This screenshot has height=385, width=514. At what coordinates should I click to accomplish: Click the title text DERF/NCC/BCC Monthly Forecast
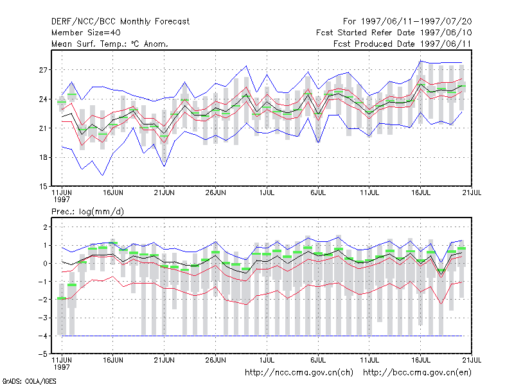click(120, 22)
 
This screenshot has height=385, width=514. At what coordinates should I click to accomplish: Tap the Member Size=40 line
click(86, 33)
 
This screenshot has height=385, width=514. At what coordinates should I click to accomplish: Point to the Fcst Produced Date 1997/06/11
click(402, 44)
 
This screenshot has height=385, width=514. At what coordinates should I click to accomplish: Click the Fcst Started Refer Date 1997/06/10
click(394, 33)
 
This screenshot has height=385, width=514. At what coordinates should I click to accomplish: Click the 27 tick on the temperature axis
click(43, 70)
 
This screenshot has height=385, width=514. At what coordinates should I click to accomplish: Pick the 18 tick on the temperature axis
click(43, 157)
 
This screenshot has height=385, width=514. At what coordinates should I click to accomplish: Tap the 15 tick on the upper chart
click(43, 187)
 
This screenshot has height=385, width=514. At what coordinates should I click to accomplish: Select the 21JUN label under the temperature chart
click(164, 193)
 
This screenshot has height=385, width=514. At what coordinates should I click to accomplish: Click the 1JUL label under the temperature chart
click(267, 193)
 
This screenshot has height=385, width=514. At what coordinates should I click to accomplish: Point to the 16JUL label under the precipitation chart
click(421, 360)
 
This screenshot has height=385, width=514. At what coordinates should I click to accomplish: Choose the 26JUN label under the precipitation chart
click(215, 360)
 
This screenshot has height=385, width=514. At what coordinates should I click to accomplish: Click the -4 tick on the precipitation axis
click(43, 336)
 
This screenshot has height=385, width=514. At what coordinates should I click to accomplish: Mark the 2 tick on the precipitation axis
click(45, 227)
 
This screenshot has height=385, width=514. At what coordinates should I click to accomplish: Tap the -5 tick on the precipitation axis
click(43, 354)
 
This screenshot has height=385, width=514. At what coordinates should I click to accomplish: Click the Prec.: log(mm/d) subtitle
click(87, 212)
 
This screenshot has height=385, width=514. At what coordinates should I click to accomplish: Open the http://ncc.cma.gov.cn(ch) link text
click(299, 373)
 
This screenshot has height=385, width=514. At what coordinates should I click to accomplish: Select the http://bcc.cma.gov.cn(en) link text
click(417, 373)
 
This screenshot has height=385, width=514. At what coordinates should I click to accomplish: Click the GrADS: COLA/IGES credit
click(29, 381)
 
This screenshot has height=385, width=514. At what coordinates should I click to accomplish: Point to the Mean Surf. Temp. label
click(89, 44)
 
